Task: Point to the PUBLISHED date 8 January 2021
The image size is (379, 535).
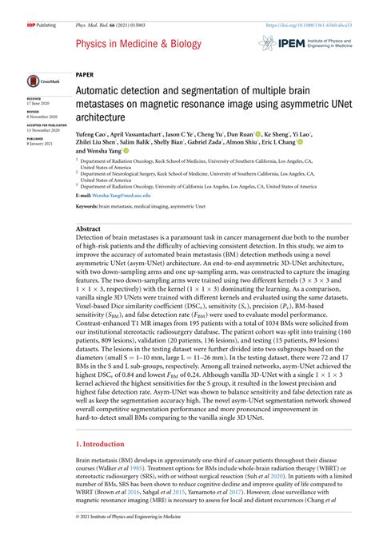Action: [39, 143]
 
